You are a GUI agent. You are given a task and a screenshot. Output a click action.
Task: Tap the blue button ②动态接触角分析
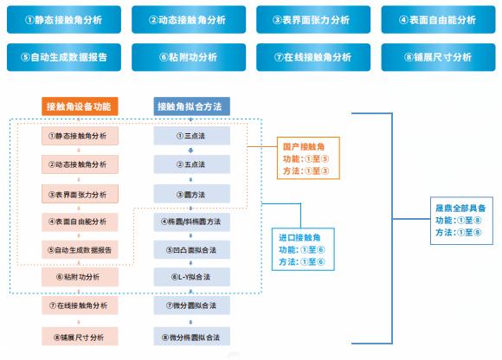188,19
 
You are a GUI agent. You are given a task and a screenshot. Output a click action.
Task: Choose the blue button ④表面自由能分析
438,19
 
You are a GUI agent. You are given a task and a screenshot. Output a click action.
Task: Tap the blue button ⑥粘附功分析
188,57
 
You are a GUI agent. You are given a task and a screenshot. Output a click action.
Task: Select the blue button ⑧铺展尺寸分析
438,57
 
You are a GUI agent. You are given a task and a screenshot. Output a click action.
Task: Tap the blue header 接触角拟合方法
190,106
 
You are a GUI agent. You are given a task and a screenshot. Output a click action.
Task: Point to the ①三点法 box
190,136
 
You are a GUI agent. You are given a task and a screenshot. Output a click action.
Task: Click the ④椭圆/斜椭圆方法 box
190,222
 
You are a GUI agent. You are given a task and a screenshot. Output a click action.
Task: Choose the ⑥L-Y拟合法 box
190,278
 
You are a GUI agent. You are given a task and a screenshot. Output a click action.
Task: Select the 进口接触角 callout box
302,249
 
